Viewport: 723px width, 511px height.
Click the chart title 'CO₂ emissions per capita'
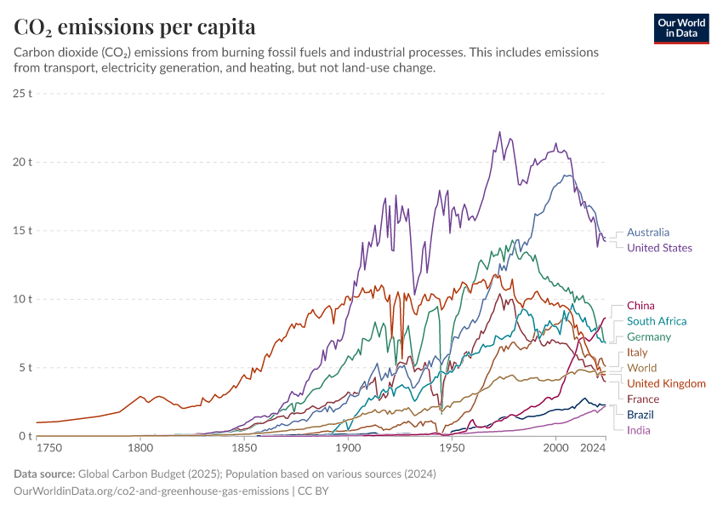point(134,26)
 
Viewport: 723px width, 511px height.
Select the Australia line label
point(647,232)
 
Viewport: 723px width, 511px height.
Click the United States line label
point(659,248)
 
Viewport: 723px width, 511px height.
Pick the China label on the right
point(640,305)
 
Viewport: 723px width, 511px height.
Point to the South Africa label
point(656,321)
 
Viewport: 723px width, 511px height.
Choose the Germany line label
point(648,337)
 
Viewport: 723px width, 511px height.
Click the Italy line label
point(637,352)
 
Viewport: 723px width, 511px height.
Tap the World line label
point(641,368)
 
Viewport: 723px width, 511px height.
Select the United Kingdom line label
point(666,383)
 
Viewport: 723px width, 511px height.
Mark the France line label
point(643,399)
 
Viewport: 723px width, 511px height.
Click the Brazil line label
point(640,415)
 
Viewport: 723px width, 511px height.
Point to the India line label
point(638,430)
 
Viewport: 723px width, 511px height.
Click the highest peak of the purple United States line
point(499,132)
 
